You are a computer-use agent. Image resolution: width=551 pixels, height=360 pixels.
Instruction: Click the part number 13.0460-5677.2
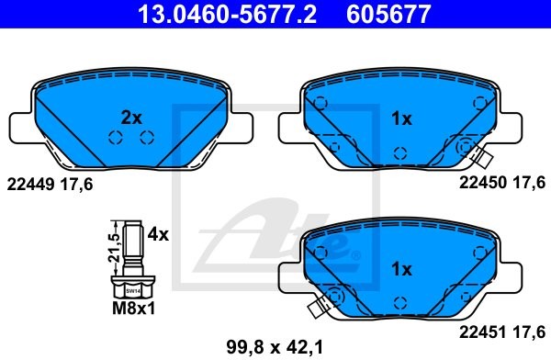(x=228, y=14)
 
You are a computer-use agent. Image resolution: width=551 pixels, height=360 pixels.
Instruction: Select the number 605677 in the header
(x=388, y=14)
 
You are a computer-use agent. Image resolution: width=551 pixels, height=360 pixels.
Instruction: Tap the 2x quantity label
(x=131, y=118)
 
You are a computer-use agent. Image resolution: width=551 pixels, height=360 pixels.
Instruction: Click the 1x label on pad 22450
(x=401, y=118)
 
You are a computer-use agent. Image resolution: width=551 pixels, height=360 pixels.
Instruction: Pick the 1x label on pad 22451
(x=401, y=269)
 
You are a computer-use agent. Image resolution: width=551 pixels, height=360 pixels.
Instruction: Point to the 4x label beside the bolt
(x=158, y=234)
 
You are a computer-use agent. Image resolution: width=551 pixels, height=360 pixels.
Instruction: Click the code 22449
(x=30, y=184)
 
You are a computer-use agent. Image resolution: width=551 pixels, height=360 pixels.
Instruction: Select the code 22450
(x=482, y=183)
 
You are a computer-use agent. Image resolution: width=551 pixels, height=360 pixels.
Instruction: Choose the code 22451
(x=482, y=332)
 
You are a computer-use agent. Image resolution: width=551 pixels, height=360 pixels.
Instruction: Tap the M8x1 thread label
(x=133, y=309)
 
